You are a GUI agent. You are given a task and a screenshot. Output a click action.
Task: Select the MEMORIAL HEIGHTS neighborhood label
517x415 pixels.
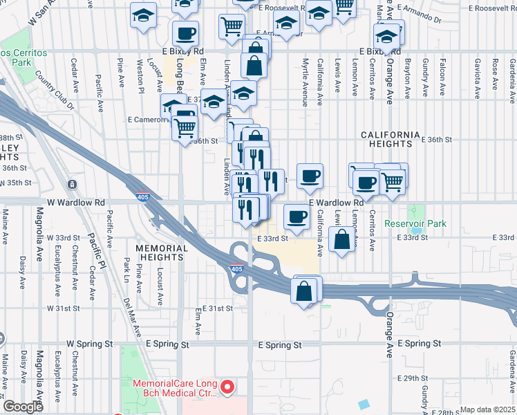click(162, 252)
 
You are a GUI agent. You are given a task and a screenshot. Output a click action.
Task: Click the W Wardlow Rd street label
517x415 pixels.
click(75, 203)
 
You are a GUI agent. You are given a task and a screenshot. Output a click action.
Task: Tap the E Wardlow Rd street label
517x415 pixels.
click(336, 203)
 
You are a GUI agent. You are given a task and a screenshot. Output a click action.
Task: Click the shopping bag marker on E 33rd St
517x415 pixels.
click(342, 239)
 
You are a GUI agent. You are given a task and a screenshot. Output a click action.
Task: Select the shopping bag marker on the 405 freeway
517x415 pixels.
click(305, 290)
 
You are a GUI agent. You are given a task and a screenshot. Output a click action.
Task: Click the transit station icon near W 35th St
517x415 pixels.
click(73, 185)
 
